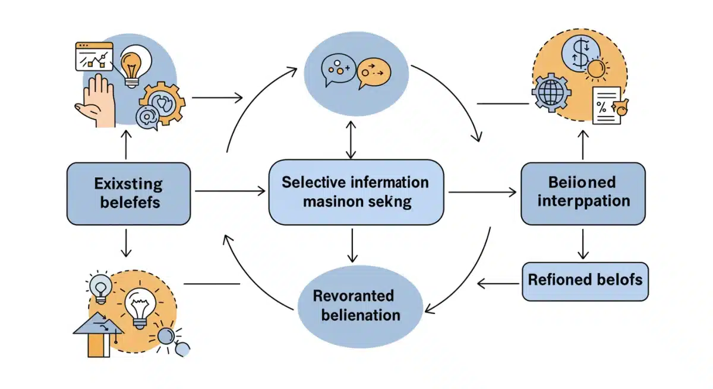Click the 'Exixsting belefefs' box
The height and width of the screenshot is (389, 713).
[128, 193]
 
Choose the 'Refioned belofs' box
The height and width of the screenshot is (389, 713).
[585, 280]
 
